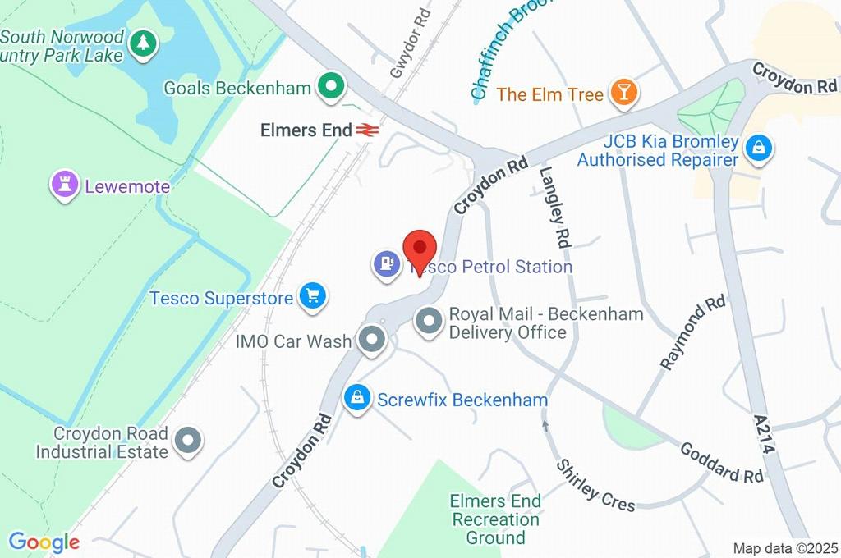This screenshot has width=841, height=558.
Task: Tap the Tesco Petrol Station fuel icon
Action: pos(386,264)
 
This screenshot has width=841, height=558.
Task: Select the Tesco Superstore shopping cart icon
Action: pos(312,295)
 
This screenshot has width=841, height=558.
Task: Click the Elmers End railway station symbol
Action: pos(365,130)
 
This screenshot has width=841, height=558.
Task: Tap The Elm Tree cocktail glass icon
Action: pos(623,93)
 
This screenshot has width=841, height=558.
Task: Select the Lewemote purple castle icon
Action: pos(64,185)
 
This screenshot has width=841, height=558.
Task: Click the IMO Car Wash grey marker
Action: pos(373,340)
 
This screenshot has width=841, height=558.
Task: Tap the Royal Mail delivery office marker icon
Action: pos(429,322)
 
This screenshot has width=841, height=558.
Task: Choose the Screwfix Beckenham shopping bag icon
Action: pos(356,399)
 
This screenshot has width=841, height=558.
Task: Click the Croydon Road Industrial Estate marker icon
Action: pos(188,441)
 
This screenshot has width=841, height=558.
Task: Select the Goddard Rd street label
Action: pos(722,463)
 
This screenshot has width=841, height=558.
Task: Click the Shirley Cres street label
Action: pos(596,485)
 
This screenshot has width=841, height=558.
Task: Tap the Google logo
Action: pos(44,542)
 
